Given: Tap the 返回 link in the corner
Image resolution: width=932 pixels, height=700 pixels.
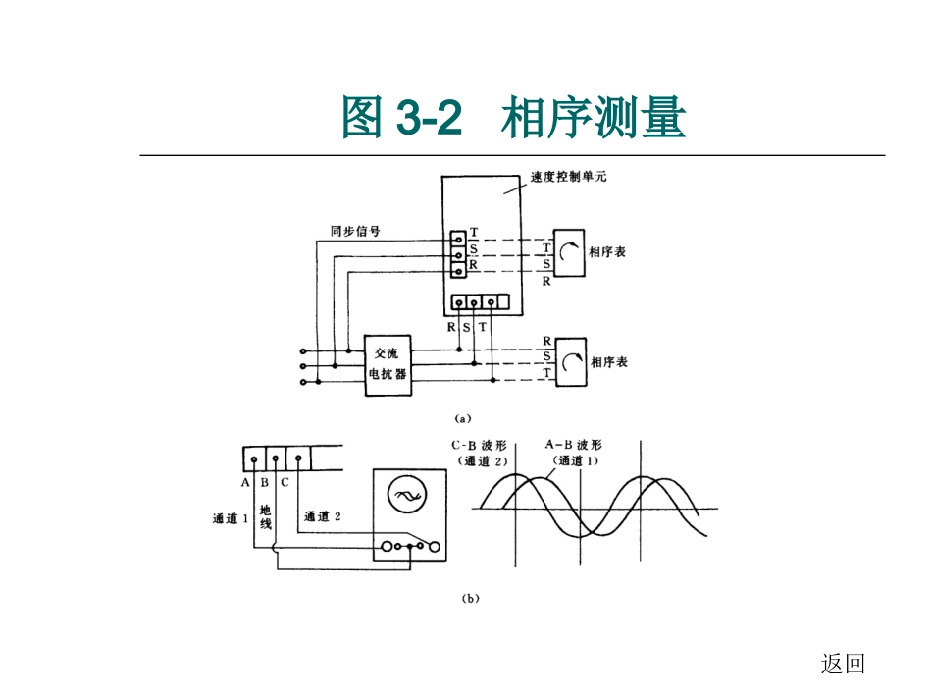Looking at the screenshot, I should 843,665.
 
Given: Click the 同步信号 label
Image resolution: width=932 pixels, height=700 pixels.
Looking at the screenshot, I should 355,233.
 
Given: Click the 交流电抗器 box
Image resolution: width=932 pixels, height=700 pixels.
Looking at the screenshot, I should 388,364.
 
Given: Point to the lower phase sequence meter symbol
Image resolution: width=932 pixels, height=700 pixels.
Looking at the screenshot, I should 570,364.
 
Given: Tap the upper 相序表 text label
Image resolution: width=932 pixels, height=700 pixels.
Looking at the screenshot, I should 607,252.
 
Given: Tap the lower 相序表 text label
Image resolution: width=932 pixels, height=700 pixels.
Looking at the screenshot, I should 608,363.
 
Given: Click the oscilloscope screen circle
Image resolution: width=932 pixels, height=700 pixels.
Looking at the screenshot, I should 404,495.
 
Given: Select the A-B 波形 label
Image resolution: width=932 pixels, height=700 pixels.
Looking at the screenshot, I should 576,451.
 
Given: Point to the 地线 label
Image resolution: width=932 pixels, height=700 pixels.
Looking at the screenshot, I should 265,517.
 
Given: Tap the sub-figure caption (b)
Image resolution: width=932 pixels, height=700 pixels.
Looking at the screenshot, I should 469,597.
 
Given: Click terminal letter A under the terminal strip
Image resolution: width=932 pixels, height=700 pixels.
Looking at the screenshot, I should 245,482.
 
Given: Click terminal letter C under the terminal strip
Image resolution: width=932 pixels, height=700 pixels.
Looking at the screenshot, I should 285,482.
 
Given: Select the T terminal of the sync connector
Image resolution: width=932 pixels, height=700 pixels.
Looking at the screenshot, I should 457,238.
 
